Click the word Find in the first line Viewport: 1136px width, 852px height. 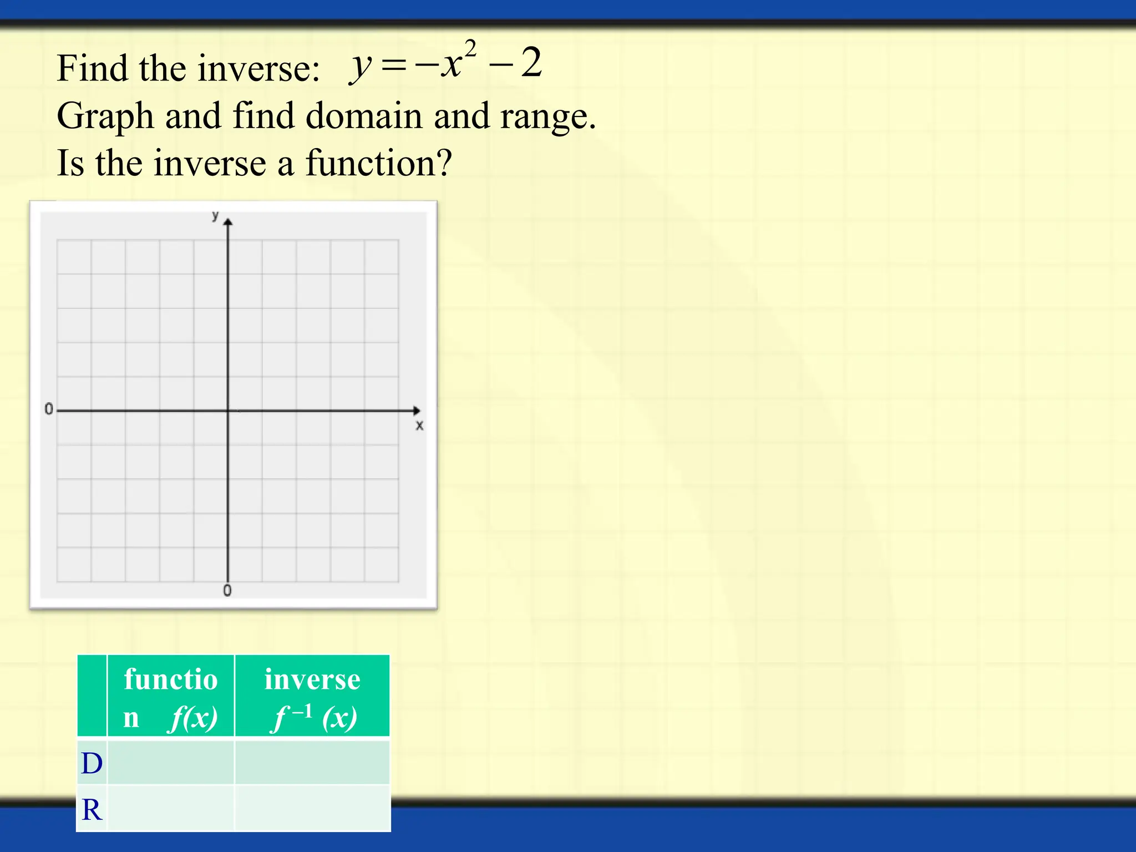[92, 69]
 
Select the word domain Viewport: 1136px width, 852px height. [364, 116]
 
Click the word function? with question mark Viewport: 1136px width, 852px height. [379, 163]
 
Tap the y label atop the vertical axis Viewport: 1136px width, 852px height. [215, 216]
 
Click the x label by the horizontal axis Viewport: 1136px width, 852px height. [419, 425]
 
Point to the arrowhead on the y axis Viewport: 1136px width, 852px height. [228, 222]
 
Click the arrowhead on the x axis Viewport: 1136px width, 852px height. [417, 410]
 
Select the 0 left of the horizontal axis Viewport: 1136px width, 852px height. [49, 409]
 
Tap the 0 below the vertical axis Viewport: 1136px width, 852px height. [227, 591]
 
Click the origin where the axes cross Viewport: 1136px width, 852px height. [228, 410]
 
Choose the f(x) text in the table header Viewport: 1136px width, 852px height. [193, 718]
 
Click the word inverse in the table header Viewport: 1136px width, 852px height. [312, 679]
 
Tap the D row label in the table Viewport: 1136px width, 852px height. [92, 763]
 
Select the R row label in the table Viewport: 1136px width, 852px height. [92, 810]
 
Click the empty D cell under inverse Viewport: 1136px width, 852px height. [312, 763]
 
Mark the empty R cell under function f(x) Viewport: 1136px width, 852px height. [171, 809]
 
